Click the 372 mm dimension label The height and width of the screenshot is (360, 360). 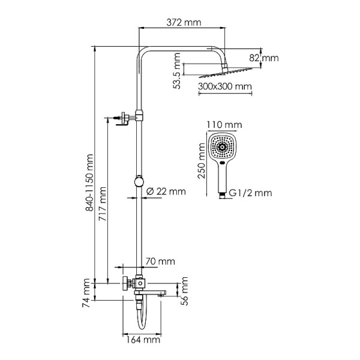(x=183, y=22)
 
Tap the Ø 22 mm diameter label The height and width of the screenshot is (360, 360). (x=166, y=191)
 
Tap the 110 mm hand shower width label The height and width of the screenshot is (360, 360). (x=224, y=124)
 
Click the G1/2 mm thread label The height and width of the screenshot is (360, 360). (x=251, y=193)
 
